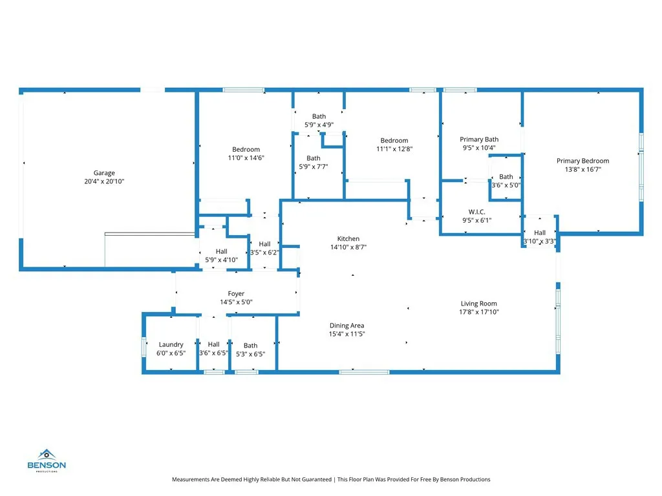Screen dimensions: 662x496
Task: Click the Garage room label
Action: click(104, 173)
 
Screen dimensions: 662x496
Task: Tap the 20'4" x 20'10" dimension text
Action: click(104, 181)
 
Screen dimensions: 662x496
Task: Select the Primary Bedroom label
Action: click(582, 161)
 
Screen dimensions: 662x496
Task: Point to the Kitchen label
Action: click(348, 239)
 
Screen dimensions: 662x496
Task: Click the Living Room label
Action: click(479, 304)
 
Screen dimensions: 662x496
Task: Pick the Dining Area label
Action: click(347, 325)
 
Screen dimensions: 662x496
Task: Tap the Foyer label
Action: click(236, 294)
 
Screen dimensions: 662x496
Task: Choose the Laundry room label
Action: click(171, 345)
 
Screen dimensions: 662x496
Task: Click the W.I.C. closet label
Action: click(476, 212)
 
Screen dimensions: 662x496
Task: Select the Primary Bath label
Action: click(479, 139)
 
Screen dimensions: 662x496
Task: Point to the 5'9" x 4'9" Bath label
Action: click(319, 116)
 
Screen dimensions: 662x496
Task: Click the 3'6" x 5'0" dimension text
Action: click(506, 185)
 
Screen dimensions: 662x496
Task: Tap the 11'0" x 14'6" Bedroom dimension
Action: click(246, 158)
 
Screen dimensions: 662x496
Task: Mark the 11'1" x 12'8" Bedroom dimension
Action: click(394, 149)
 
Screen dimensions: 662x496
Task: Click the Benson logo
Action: click(47, 460)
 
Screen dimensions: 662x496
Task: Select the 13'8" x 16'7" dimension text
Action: click(583, 170)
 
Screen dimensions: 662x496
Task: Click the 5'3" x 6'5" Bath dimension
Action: click(250, 355)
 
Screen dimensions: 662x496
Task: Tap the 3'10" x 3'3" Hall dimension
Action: click(540, 242)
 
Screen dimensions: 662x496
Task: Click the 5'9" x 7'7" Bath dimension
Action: click(314, 167)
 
